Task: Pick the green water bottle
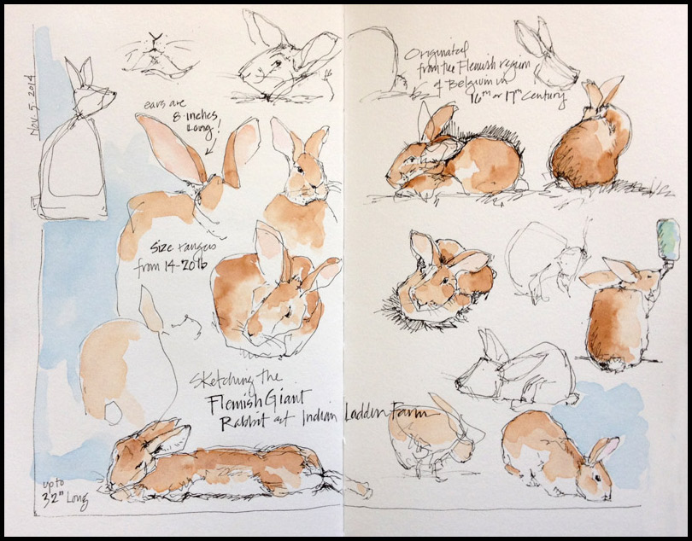(x=666, y=238)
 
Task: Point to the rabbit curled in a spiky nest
(x=444, y=277)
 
